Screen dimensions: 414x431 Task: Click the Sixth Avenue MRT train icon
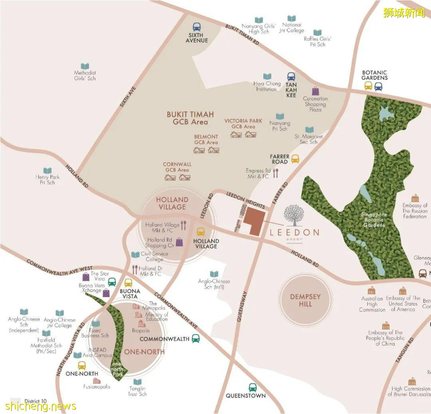pyautogui.click(x=197, y=27)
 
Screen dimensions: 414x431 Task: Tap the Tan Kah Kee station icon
pyautogui.click(x=291, y=77)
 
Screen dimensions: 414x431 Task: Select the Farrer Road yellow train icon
pyautogui.click(x=295, y=159)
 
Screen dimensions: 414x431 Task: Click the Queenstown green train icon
pyautogui.click(x=252, y=387)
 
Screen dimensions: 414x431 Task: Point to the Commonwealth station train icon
pyautogui.click(x=196, y=339)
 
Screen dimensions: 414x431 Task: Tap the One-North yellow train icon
pyautogui.click(x=82, y=365)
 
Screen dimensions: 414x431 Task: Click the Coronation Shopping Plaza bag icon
pyautogui.click(x=315, y=91)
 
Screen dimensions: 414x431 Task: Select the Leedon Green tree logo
pyautogui.click(x=293, y=215)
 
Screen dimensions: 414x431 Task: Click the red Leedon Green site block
pyautogui.click(x=254, y=221)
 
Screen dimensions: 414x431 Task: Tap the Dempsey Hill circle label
pyautogui.click(x=306, y=300)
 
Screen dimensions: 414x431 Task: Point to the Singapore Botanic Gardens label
pyautogui.click(x=374, y=220)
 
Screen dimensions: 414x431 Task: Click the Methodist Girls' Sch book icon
pyautogui.click(x=85, y=66)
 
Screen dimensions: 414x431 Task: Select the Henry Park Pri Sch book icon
pyautogui.click(x=47, y=171)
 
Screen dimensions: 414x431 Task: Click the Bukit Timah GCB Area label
pyautogui.click(x=190, y=118)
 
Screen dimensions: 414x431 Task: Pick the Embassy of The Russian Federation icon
pyautogui.click(x=415, y=198)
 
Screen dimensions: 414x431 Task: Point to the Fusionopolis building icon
pyautogui.click(x=97, y=380)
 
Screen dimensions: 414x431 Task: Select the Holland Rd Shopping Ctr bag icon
pyautogui.click(x=180, y=242)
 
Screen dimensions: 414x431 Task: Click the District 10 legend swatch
pyautogui.click(x=16, y=401)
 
